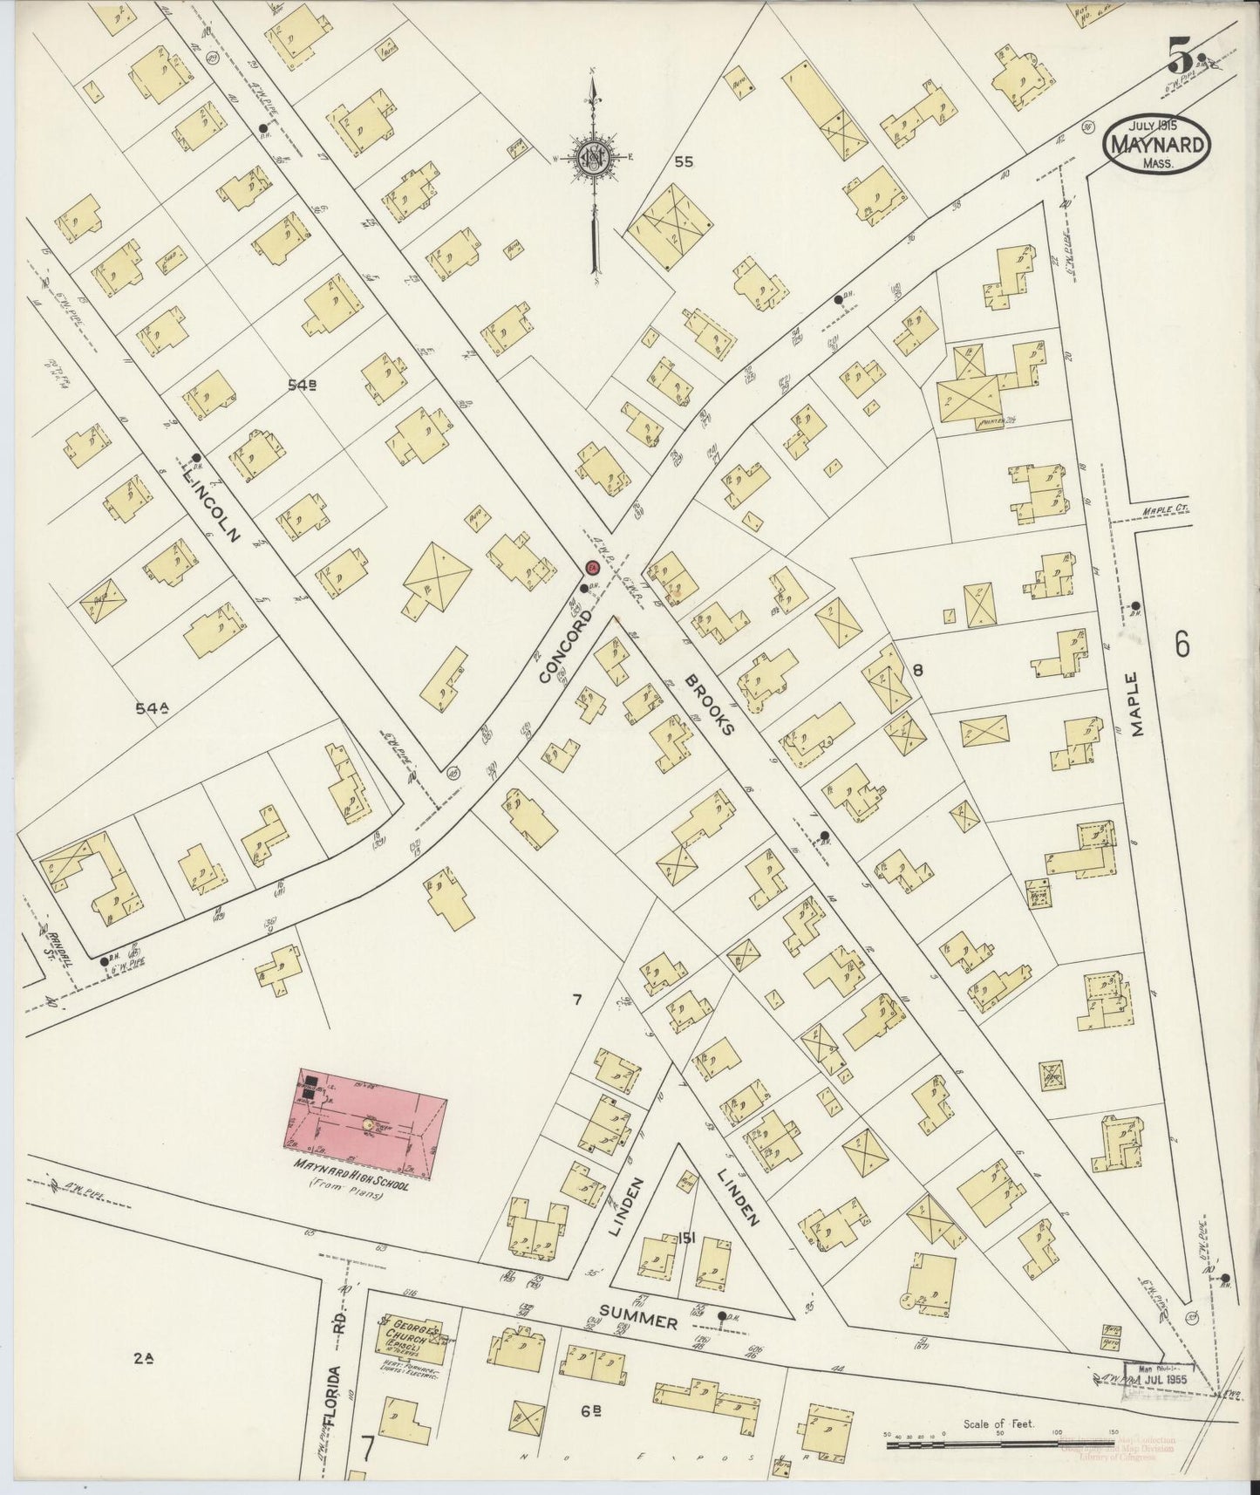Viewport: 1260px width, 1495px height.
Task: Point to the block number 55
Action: click(684, 161)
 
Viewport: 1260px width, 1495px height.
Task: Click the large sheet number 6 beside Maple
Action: click(1182, 645)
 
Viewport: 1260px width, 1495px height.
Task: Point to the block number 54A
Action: click(151, 709)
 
